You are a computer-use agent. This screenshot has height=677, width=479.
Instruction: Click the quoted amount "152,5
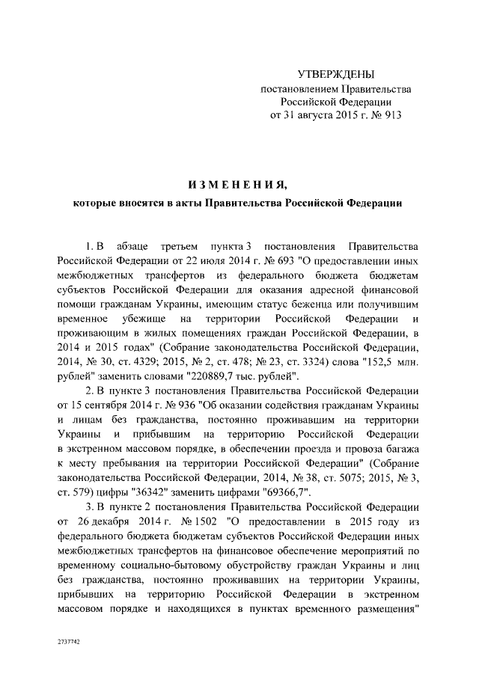coord(382,361)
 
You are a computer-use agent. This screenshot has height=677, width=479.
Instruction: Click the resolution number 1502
coord(201,519)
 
